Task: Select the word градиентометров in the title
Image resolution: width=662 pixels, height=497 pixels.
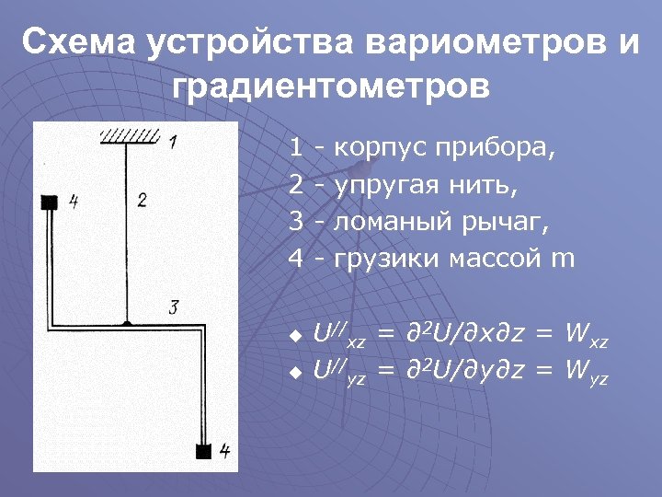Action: tap(331, 87)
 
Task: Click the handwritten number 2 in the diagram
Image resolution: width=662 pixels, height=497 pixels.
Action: tap(142, 200)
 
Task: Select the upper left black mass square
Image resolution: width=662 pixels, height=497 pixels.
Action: tap(49, 202)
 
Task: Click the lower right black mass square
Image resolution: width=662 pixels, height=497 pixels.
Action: tap(204, 451)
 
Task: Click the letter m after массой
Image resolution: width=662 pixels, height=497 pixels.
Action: tap(562, 259)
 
